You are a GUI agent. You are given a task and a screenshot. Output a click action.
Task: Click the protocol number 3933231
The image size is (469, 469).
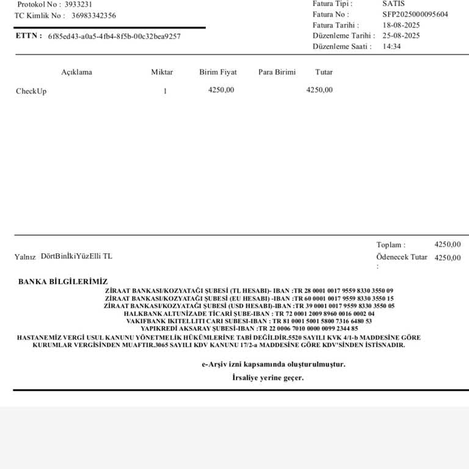(x=78, y=4)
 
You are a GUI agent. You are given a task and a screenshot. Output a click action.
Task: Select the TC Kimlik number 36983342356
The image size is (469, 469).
(x=93, y=16)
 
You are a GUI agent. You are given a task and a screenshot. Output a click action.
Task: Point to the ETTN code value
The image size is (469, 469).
(x=114, y=36)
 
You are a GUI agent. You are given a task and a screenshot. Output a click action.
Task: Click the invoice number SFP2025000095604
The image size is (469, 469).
(x=415, y=14)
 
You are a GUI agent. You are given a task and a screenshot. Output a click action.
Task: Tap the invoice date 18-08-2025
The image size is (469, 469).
(x=401, y=25)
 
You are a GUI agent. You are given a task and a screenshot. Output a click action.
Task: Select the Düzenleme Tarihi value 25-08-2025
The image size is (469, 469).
(x=401, y=36)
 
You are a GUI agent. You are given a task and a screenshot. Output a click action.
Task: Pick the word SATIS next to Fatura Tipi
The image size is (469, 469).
(x=393, y=4)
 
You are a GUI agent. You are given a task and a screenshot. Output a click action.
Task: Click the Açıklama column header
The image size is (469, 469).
(x=76, y=72)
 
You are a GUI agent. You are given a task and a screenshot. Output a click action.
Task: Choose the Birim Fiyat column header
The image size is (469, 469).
(x=218, y=72)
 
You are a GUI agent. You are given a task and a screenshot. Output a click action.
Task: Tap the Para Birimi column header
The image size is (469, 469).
(x=277, y=72)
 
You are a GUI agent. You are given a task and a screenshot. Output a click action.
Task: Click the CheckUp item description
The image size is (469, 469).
(x=31, y=92)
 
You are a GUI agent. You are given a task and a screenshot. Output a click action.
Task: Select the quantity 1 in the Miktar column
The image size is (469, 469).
(x=165, y=92)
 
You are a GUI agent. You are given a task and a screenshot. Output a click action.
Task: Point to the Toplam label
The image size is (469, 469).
(x=390, y=245)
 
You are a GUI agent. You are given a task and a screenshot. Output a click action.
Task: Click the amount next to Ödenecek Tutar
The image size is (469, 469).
(x=448, y=258)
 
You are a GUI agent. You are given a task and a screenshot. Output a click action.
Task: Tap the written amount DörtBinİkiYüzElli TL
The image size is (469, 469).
(x=76, y=256)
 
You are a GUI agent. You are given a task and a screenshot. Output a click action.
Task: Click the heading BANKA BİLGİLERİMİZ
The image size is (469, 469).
(x=63, y=282)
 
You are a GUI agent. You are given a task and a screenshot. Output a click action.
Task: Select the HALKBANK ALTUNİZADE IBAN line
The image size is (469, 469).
(x=249, y=313)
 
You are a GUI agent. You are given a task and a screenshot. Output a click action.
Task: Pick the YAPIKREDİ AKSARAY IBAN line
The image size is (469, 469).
(x=249, y=329)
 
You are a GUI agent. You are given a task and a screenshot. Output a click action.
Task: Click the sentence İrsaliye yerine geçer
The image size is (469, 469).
(x=268, y=378)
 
